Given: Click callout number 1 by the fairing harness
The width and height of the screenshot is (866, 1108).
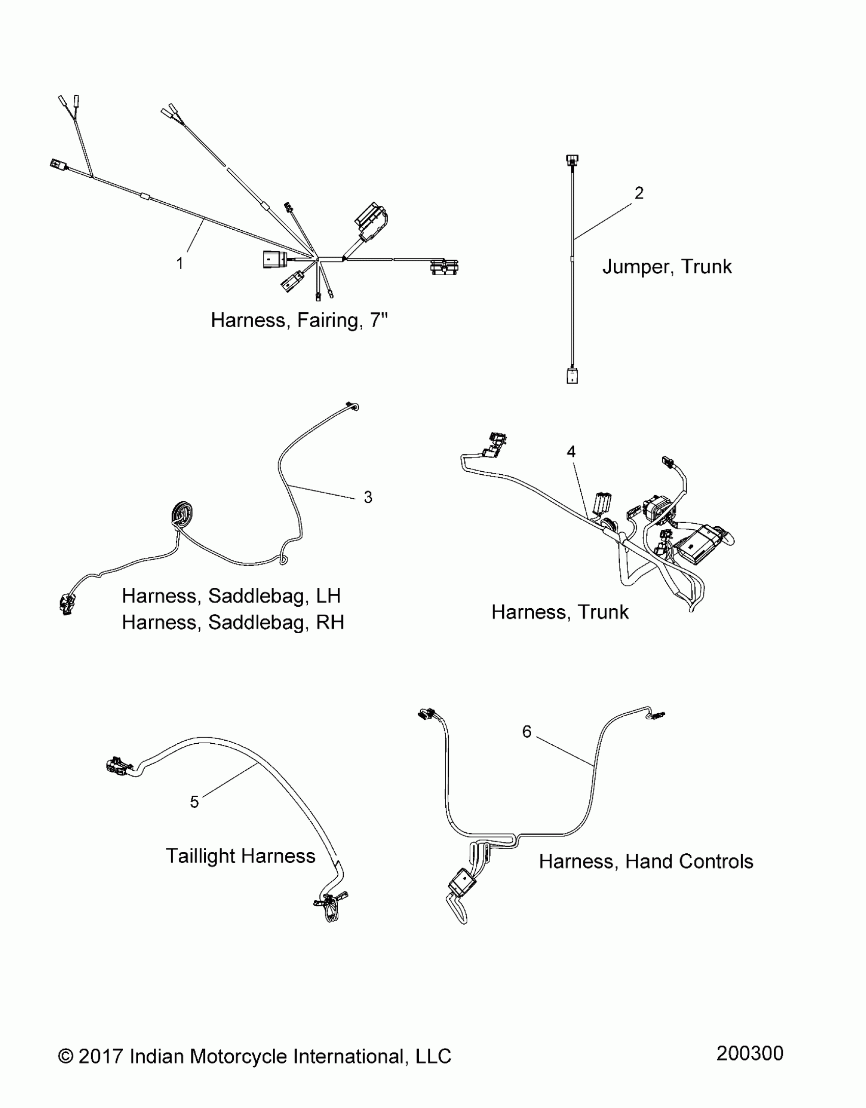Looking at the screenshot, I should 179,263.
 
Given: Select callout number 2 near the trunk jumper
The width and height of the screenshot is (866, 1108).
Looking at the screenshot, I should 639,193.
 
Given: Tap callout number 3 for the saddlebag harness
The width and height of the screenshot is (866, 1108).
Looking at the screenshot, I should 368,497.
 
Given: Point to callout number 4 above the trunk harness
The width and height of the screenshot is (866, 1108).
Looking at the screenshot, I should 571,451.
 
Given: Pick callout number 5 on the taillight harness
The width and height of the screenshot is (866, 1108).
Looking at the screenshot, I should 194,802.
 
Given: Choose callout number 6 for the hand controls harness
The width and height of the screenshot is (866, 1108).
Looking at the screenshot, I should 527,732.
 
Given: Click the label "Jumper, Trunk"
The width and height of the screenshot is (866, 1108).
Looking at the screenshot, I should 667,266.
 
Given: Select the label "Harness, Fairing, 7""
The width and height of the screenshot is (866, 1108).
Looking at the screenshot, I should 299,320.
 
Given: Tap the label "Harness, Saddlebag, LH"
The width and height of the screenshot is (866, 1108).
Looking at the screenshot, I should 231,596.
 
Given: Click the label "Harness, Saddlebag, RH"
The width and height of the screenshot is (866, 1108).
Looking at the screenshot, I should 233,622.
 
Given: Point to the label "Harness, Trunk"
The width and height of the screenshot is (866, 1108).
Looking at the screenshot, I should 560,612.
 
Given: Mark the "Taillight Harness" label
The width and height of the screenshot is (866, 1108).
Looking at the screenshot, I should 240,856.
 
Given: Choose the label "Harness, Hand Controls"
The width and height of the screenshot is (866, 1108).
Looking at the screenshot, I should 646,861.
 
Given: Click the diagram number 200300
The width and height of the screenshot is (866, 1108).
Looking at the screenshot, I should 749,1053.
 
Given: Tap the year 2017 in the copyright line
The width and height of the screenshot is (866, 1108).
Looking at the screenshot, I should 101,1056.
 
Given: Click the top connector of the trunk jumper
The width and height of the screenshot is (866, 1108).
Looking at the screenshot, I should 572,161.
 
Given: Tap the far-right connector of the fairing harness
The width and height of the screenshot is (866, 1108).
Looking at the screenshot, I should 445,267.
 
